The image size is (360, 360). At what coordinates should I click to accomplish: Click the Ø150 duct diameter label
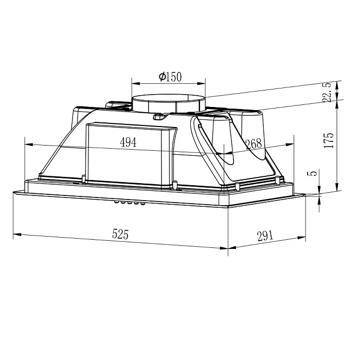point(171,77)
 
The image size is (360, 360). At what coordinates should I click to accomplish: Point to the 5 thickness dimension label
point(310,174)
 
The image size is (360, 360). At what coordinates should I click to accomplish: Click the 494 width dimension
point(128,142)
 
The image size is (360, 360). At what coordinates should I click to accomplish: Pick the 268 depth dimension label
point(253,144)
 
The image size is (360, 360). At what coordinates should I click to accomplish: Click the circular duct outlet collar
point(169,103)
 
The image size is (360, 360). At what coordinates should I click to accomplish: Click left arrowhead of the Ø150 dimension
point(134,82)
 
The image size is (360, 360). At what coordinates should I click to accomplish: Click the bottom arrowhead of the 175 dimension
point(337,189)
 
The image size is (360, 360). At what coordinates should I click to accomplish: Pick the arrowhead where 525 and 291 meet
point(228,248)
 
